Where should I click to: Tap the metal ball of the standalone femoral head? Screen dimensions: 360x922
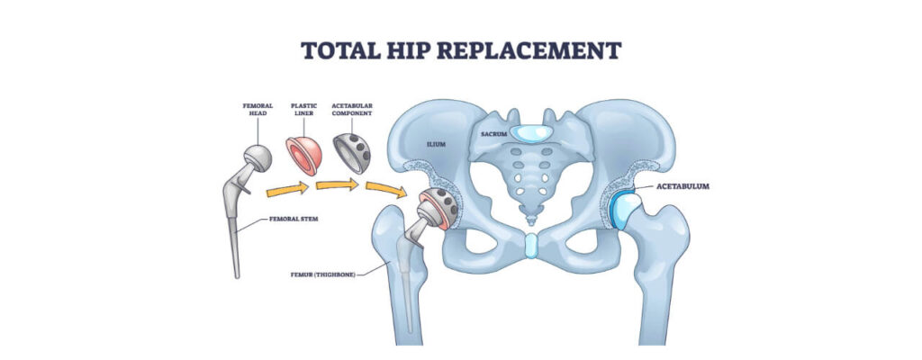(x=258, y=158)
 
